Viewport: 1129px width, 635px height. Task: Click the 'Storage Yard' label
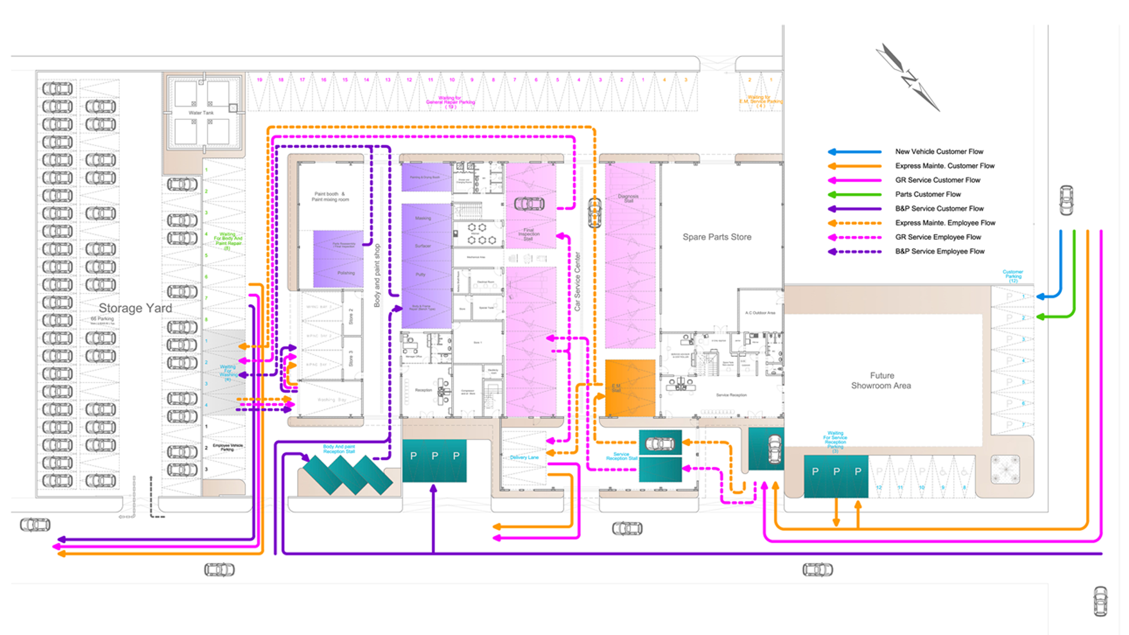pos(135,308)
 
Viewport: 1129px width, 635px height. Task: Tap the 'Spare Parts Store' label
pos(717,237)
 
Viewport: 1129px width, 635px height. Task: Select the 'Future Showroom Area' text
pos(881,380)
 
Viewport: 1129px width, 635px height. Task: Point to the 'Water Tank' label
pos(201,113)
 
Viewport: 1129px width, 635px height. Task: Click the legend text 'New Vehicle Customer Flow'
pos(939,152)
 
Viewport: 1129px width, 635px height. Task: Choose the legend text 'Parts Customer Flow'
pos(928,194)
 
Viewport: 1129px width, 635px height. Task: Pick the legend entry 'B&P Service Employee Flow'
pos(940,251)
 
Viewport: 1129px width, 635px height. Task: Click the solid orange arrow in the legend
pos(854,166)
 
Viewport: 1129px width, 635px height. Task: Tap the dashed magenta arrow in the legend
pos(854,237)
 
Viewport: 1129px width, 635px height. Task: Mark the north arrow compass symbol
pos(908,78)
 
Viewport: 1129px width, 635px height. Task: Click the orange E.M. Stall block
pos(630,388)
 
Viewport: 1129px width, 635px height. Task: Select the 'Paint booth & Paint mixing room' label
pos(330,196)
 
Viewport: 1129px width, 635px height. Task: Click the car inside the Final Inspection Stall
pos(529,203)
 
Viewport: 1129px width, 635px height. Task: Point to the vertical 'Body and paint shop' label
pos(377,275)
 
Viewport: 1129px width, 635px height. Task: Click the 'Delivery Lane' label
pos(524,457)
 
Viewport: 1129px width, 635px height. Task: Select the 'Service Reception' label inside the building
pos(731,395)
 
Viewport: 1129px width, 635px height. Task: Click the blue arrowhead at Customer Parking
pos(1040,296)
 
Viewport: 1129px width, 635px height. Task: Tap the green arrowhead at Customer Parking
pos(1040,317)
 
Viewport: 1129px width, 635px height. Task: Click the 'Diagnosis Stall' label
pos(628,198)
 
